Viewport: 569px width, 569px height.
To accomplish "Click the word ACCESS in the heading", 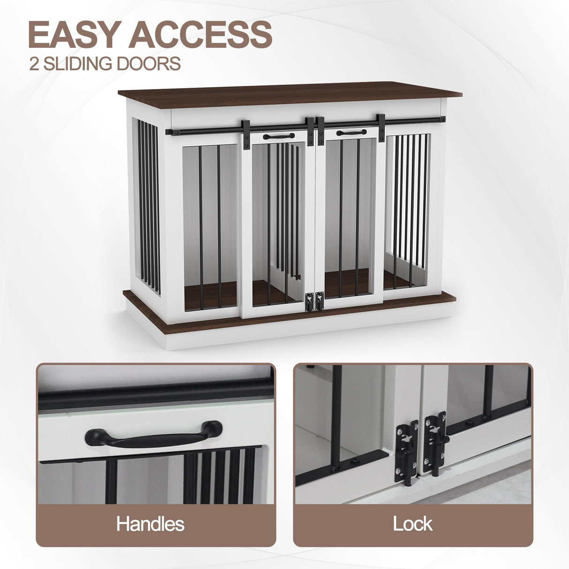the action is click(201, 34).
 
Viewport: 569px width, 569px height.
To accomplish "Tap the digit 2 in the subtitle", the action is click(34, 63).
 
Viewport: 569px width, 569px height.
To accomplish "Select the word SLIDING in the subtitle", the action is click(78, 63).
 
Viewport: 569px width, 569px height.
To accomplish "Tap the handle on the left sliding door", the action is click(279, 136).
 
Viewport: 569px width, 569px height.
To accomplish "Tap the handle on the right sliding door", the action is click(352, 132).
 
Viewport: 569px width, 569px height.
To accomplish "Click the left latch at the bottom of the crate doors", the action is click(309, 302).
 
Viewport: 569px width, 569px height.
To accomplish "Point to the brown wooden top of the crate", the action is click(290, 95).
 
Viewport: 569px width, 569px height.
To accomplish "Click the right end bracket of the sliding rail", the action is click(442, 120).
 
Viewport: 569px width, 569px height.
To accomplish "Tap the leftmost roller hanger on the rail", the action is click(246, 135).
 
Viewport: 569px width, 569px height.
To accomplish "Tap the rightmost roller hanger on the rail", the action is click(381, 127).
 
